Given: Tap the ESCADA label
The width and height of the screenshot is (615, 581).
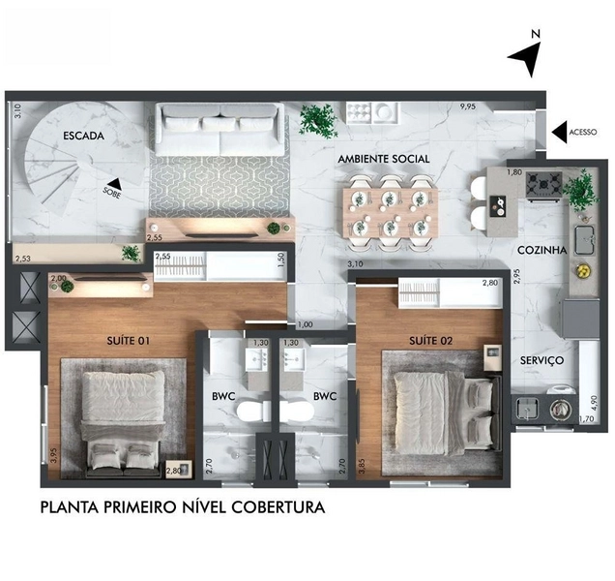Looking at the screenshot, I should (83, 137).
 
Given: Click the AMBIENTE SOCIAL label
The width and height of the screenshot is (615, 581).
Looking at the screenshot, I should (384, 158).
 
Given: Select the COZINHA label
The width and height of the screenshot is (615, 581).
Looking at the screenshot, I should (541, 249).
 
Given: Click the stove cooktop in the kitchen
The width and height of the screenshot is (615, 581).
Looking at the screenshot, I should (543, 181).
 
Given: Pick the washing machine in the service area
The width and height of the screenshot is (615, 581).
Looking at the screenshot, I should (559, 407).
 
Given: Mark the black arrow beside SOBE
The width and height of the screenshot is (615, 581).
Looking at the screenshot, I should (115, 183).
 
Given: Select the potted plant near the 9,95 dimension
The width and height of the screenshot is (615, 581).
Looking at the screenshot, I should (316, 119).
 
